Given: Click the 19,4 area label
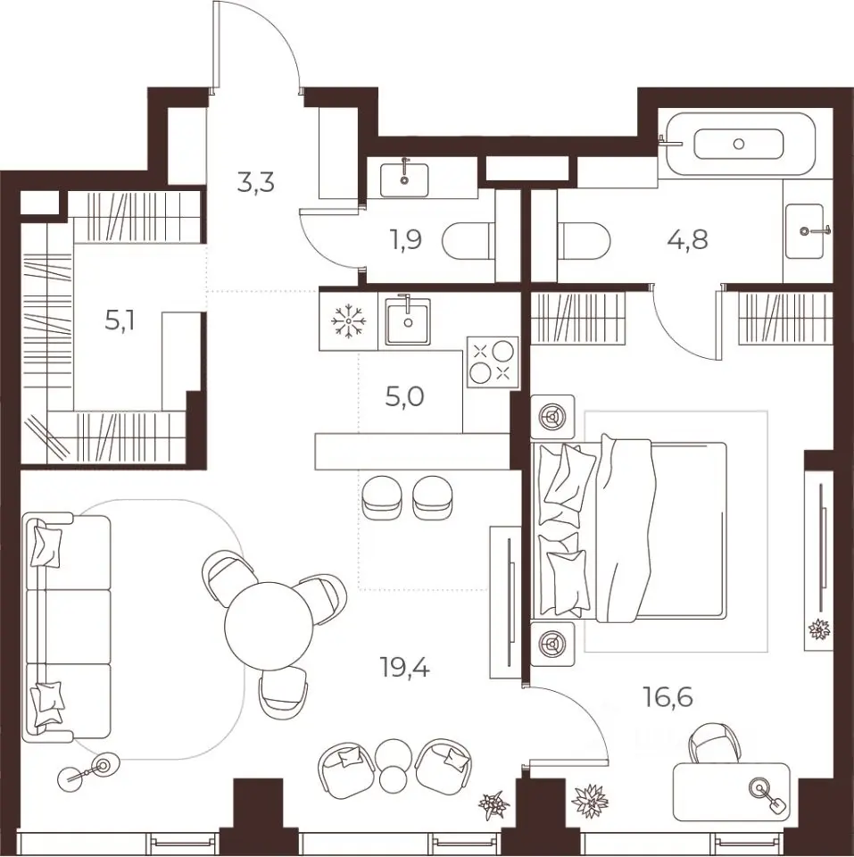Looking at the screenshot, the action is pos(405,668).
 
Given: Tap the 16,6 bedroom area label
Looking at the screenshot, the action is pos(667,698).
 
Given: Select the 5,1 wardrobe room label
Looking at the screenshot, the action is pos(120,322).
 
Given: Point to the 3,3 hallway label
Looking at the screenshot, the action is pos(255,183).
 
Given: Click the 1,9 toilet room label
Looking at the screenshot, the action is pos(406,239).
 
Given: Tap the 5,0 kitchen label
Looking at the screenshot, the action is pos(404,397).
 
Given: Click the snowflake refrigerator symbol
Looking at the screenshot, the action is pos(349,320).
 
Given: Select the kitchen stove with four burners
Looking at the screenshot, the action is pos(493,363).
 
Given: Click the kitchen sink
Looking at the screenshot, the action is pos(408,321).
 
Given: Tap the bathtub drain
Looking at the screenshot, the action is pos(739,144).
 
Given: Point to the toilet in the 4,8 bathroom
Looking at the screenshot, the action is pos(585,242).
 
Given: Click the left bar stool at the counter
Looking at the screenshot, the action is pos(381,497).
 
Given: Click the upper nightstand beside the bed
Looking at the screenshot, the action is pos(553,417).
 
